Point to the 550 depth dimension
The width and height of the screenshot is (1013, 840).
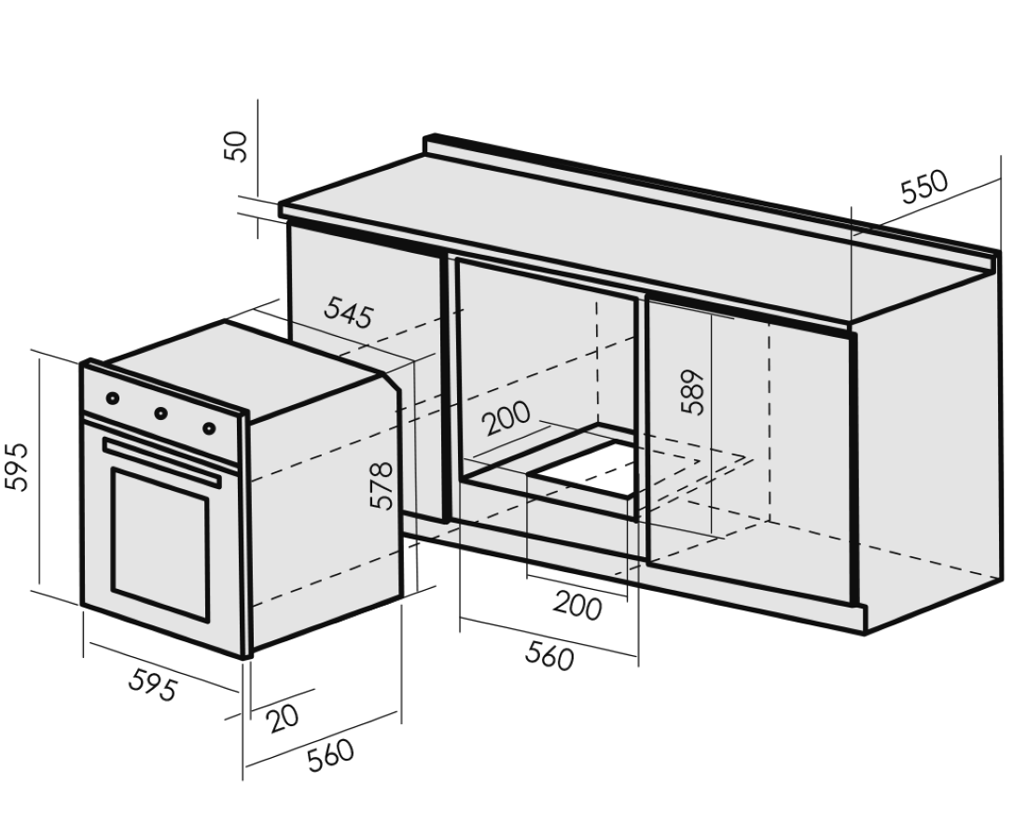pyautogui.click(x=923, y=188)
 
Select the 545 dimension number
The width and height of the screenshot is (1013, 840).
pyautogui.click(x=347, y=313)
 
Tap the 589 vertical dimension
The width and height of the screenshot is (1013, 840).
pyautogui.click(x=693, y=392)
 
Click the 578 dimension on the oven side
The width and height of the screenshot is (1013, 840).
pyautogui.click(x=382, y=485)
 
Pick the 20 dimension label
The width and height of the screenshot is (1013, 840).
pyautogui.click(x=283, y=717)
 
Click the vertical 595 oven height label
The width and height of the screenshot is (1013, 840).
pyautogui.click(x=19, y=466)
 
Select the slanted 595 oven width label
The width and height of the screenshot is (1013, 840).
pyautogui.click(x=152, y=687)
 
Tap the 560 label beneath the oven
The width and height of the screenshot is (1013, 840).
pyautogui.click(x=331, y=755)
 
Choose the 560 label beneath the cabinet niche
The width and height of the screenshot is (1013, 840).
pyautogui.click(x=549, y=656)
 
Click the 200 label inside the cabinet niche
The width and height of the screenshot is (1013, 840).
pyautogui.click(x=506, y=419)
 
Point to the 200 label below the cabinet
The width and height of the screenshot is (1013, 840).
pyautogui.click(x=577, y=606)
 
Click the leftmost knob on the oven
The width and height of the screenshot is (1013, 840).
pyautogui.click(x=113, y=399)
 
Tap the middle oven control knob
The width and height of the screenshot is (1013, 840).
pyautogui.click(x=160, y=413)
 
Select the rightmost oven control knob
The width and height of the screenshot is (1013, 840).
pyautogui.click(x=209, y=427)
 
